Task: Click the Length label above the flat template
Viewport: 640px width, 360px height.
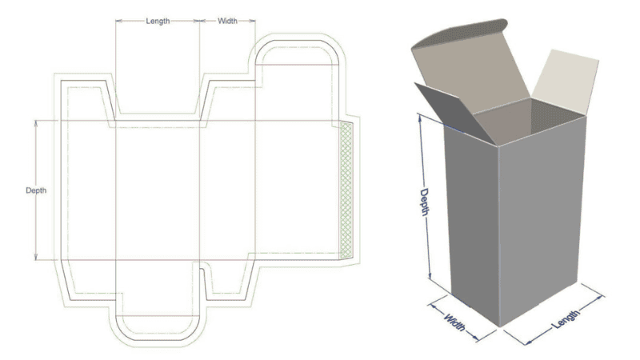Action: (158, 21)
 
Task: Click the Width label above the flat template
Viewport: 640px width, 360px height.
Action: (227, 21)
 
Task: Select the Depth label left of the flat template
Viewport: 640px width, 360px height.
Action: (36, 190)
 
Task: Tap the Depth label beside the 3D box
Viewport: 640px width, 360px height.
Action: (425, 202)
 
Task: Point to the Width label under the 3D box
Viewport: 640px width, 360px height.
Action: (454, 322)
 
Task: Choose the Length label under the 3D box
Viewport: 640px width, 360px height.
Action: (566, 318)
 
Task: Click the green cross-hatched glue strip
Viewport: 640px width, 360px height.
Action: (346, 190)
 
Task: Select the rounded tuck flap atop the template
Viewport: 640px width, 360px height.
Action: (297, 52)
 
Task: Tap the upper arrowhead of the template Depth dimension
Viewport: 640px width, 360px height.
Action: (36, 123)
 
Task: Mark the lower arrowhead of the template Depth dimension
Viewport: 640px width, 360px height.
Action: (36, 257)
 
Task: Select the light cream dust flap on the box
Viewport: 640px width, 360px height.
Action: (566, 82)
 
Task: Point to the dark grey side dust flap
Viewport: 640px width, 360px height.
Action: (455, 112)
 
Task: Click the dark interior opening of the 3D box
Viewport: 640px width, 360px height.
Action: (530, 121)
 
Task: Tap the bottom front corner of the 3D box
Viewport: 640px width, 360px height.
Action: (499, 326)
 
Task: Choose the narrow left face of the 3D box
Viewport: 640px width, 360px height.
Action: (473, 225)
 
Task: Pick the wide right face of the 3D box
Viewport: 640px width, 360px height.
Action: (541, 221)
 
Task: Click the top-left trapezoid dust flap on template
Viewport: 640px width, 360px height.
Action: (88, 101)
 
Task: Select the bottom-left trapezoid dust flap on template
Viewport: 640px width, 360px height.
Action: (89, 279)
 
